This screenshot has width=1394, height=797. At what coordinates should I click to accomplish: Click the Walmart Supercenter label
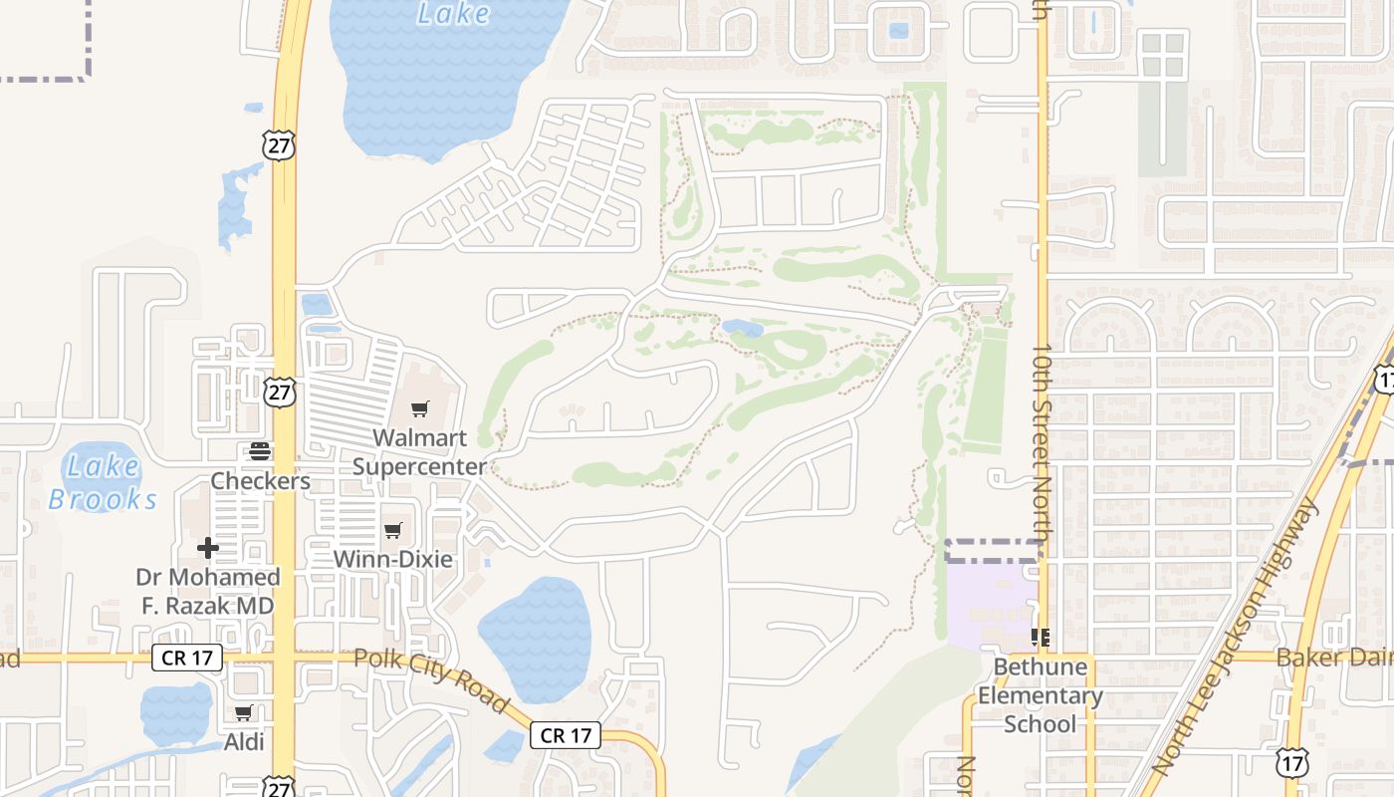pyautogui.click(x=419, y=451)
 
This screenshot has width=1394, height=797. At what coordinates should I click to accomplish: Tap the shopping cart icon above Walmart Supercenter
pyautogui.click(x=419, y=409)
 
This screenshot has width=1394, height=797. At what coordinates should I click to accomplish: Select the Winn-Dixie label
pyautogui.click(x=392, y=559)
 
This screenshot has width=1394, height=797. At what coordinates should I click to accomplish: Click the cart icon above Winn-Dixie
pyautogui.click(x=392, y=530)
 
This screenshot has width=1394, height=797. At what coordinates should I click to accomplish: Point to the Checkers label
pyautogui.click(x=260, y=481)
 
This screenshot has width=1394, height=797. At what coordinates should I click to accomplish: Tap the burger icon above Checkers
pyautogui.click(x=260, y=451)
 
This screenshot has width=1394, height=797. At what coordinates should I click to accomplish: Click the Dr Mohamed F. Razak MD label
pyautogui.click(x=208, y=591)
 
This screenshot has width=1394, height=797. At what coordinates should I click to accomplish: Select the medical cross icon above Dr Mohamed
pyautogui.click(x=208, y=547)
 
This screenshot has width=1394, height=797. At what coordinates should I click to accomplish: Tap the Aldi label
pyautogui.click(x=244, y=741)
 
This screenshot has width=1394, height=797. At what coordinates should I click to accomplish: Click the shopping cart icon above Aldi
pyautogui.click(x=244, y=712)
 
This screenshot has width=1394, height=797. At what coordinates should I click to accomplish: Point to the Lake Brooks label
pyautogui.click(x=103, y=481)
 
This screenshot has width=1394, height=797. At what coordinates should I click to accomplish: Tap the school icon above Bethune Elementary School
pyautogui.click(x=1041, y=637)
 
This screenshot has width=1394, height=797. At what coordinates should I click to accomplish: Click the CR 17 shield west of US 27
pyautogui.click(x=186, y=658)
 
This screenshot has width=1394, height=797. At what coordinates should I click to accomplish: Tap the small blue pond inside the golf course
pyautogui.click(x=742, y=328)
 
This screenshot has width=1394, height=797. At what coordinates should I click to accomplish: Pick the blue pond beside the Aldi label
pyautogui.click(x=176, y=711)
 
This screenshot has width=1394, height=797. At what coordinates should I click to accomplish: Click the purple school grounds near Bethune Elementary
pyautogui.click(x=986, y=598)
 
